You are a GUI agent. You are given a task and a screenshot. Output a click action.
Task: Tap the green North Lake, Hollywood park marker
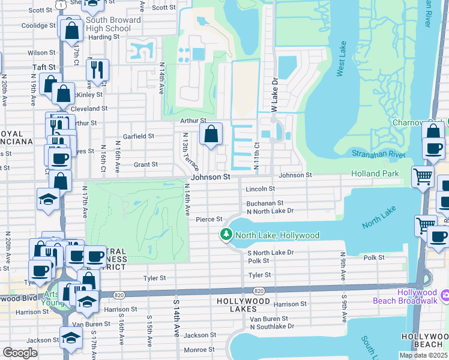(226, 235)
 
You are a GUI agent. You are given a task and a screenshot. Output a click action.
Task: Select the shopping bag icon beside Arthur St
(211, 135)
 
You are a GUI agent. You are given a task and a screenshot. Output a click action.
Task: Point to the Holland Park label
(375, 174)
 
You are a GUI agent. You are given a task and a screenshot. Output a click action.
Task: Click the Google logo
(20, 353)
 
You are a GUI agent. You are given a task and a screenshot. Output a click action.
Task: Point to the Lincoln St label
(261, 188)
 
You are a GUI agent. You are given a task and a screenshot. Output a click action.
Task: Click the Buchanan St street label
(265, 203)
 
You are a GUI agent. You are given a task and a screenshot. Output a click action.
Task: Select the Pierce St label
(209, 220)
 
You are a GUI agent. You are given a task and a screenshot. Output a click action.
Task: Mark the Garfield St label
(139, 136)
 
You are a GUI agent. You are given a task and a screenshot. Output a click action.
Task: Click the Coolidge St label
(22, 25)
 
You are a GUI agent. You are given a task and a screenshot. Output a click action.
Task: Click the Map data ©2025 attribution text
(423, 355)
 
